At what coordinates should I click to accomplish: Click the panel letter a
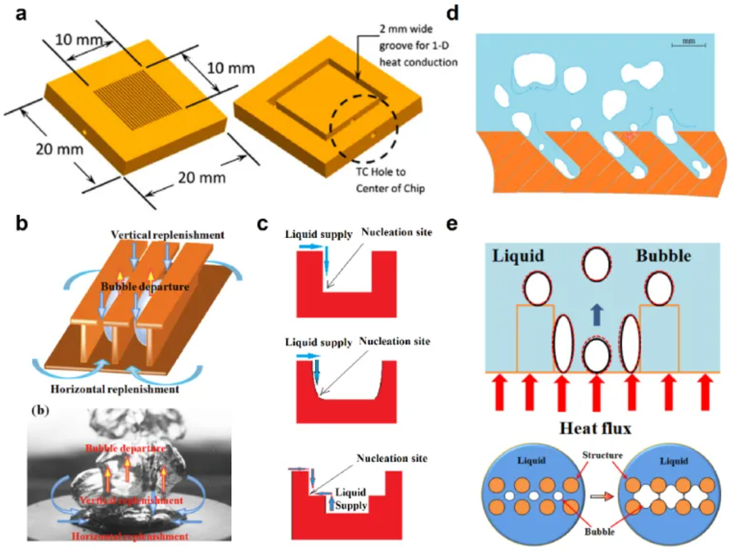coord(21,13)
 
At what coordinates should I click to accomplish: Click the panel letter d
coord(453,12)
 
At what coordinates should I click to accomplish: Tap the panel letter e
coord(453,224)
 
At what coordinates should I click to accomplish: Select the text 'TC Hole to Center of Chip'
coord(390,180)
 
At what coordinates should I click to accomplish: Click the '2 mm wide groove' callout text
coord(418,45)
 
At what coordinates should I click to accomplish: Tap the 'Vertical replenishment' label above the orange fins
coord(167,235)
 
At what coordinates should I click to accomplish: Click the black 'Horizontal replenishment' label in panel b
coord(114,388)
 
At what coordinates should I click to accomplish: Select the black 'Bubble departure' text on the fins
coord(145,286)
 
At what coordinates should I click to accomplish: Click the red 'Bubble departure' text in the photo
coord(126,448)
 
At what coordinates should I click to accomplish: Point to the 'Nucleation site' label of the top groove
coord(396,232)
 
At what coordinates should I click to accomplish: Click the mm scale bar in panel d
coord(689,43)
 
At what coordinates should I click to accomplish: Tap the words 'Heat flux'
coord(595,428)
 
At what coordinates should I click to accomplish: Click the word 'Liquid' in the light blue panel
coord(518,256)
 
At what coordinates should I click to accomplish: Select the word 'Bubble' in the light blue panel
coord(663,256)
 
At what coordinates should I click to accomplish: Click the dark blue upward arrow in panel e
coord(596,314)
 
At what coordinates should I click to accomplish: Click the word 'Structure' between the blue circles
coord(603,455)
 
